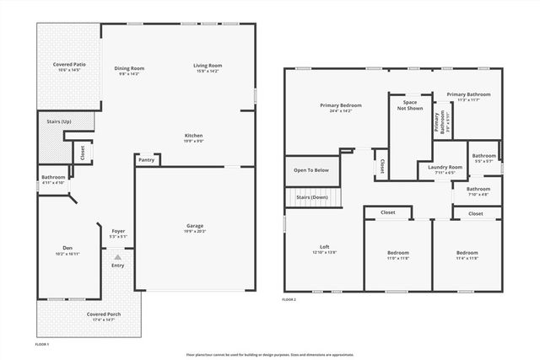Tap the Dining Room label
[130, 67]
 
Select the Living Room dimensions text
[207, 72]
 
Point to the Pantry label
[146, 159]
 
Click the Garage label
[195, 225]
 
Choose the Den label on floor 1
[67, 248]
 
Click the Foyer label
[118, 232]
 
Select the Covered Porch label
[104, 314]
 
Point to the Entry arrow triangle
[118, 255]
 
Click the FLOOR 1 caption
[42, 345]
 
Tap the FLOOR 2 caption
[289, 299]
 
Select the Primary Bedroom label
[340, 105]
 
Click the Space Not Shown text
[410, 105]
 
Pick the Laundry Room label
[445, 167]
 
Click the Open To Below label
[311, 169]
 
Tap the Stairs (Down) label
[312, 197]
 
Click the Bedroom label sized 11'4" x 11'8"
[467, 252]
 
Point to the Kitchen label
[194, 135]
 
